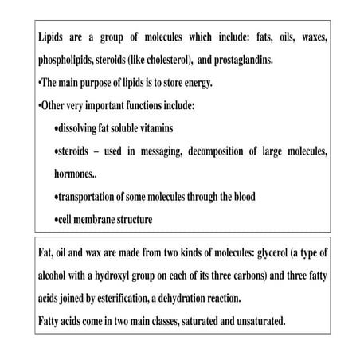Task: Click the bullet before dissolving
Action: coord(54,128)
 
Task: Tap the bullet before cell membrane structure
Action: coord(54,219)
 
